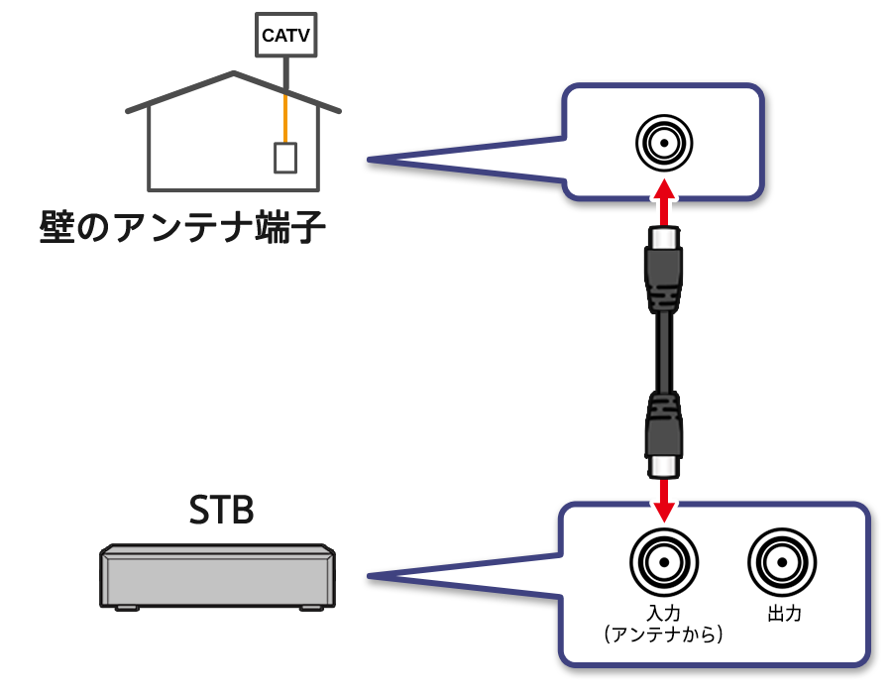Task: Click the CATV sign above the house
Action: coord(285,35)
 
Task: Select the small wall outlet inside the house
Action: coord(285,158)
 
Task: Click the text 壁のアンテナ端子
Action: coord(181,227)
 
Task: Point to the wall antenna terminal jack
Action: coord(664,143)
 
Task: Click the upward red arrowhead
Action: coord(664,189)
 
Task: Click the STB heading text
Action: coord(221,510)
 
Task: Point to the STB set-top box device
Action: coord(217,577)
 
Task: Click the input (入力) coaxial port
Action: coord(664,562)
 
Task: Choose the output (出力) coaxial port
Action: coord(782,562)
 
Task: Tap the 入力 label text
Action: coord(664,614)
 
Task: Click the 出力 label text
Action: coord(784,614)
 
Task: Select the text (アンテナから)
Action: coord(663,635)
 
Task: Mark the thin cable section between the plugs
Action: coord(663,349)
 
